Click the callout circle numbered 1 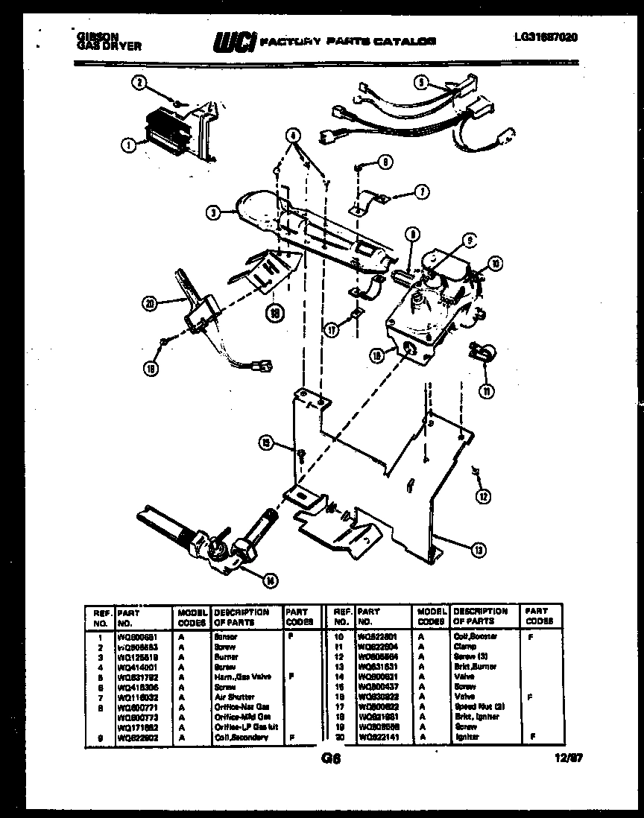point(130,147)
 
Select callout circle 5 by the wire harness point(421,84)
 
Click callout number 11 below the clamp point(485,389)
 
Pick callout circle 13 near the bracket point(477,551)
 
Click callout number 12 point(484,494)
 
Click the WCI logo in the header point(233,43)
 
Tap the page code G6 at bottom point(330,759)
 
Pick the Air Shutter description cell point(233,697)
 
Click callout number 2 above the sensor point(139,83)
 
